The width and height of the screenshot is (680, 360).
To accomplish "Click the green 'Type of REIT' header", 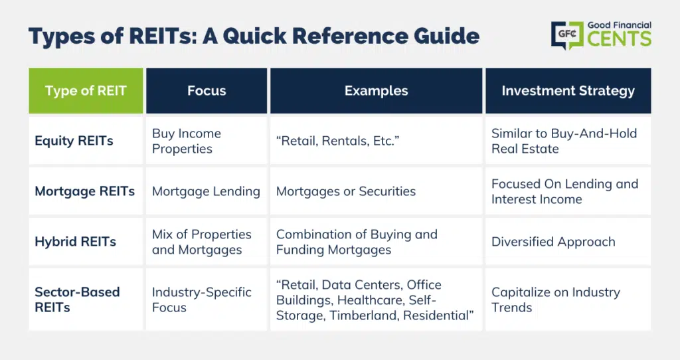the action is [x=86, y=90].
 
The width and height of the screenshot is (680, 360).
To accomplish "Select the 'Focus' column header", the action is [x=207, y=90].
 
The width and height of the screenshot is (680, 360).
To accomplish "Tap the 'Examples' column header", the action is [x=376, y=90].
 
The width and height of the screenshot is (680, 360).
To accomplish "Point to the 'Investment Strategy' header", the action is [x=568, y=90].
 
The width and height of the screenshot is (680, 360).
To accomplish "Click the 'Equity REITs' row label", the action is [x=74, y=141].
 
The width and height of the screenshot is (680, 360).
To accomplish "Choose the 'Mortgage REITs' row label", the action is [x=84, y=191].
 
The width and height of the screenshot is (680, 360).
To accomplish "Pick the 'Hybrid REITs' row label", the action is [x=76, y=242].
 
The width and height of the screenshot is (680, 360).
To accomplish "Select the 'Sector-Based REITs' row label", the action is [x=77, y=300].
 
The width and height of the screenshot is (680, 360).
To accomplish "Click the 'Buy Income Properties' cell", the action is [x=187, y=141].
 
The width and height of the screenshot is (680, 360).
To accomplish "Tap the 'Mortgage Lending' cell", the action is [x=206, y=191].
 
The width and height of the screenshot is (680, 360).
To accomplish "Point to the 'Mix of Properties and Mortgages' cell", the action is [x=202, y=242].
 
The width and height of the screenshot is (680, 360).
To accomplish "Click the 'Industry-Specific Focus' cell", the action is [x=202, y=300].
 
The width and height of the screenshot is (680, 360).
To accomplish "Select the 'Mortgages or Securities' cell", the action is [x=345, y=191].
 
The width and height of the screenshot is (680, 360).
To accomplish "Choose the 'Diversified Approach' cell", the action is [x=553, y=242].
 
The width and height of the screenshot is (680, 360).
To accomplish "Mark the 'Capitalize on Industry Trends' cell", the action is [x=556, y=300].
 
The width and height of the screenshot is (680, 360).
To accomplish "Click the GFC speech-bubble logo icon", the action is [x=567, y=35].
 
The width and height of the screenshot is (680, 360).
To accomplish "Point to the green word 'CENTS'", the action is [x=620, y=39].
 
